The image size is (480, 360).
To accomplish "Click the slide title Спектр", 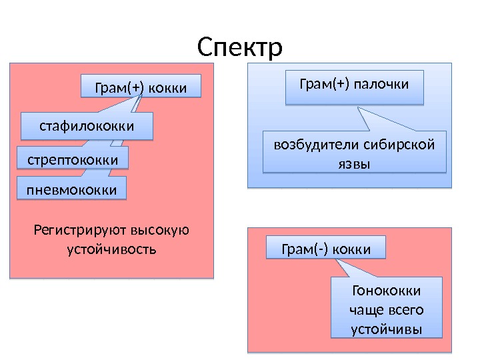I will point(240,47).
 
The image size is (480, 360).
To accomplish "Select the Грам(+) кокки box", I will point(141,87).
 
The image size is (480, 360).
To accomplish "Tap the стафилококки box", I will point(87,126).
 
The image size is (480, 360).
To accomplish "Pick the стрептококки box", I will point(72,160).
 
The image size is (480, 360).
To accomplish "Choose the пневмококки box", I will point(71,190).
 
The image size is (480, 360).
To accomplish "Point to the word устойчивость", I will point(111,250).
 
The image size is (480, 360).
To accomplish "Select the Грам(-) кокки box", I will point(326,249).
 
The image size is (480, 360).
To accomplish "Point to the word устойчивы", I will point(386,329).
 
